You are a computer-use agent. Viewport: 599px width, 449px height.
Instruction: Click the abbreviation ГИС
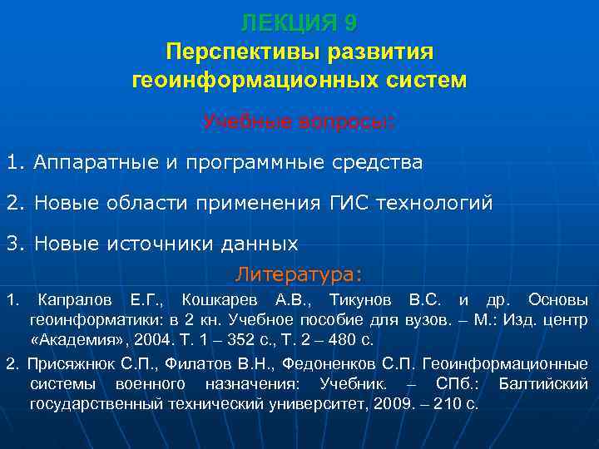pyautogui.click(x=339, y=202)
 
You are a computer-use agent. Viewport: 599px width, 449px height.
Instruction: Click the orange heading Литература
pyautogui.click(x=299, y=274)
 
